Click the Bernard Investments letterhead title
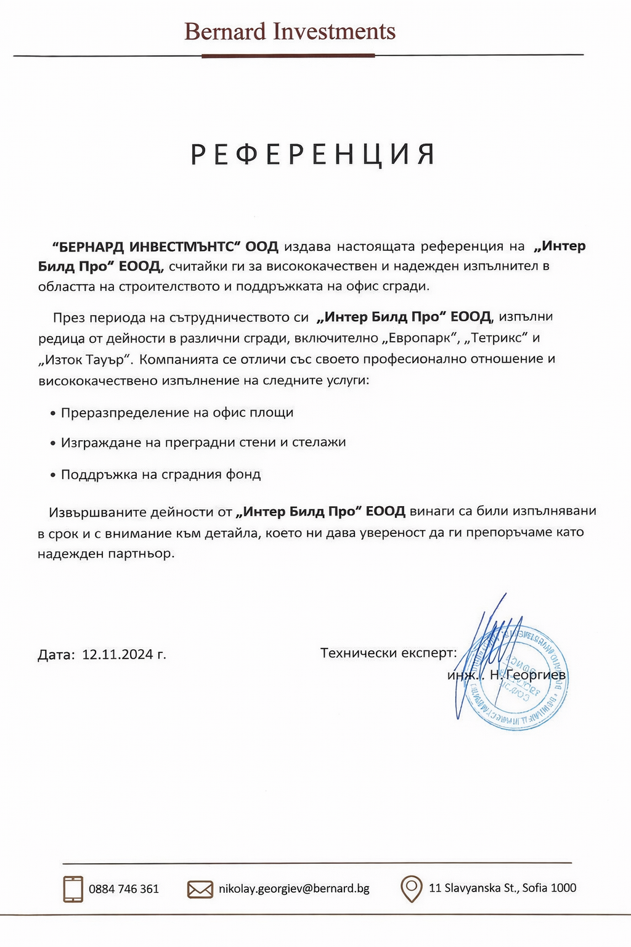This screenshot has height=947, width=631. pos(290,31)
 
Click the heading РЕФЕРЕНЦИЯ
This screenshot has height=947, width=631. pos(313,155)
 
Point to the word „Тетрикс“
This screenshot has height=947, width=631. pos(498,338)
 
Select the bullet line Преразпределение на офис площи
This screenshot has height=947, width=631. pos(177,412)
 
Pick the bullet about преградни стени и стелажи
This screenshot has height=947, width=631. pos(203,443)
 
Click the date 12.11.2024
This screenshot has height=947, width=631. pos(118,654)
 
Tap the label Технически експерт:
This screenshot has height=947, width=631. pos(389,653)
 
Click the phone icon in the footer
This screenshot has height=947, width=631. pos(73,889)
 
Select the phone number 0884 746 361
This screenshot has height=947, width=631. pos(124,889)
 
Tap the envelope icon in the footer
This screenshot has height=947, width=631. pos(200,889)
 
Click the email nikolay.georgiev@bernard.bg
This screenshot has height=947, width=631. pos(294,888)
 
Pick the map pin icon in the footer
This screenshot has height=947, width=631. pos(411,888)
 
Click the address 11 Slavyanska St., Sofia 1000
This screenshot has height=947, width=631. pos(502,888)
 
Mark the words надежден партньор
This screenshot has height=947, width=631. pos(106,554)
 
